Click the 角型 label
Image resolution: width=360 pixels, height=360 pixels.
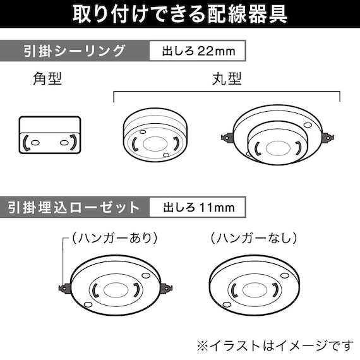[x=47, y=80]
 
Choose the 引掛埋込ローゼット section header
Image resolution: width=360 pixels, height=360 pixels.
[x=75, y=207]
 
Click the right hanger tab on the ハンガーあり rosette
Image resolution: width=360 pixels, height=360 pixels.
[x=167, y=288]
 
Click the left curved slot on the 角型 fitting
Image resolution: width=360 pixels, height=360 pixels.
[x=26, y=143]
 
